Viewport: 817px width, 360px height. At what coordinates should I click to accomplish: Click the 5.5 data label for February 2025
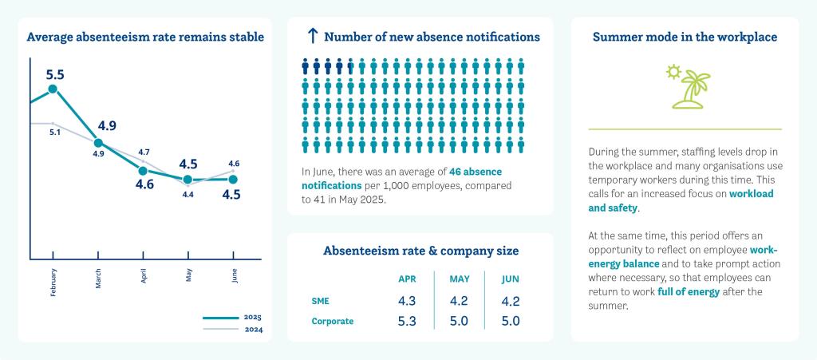pyautogui.click(x=55, y=74)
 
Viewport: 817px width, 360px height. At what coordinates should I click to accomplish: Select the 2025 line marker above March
pyautogui.click(x=98, y=143)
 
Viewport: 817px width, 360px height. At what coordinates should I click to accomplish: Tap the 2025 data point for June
pyautogui.click(x=233, y=180)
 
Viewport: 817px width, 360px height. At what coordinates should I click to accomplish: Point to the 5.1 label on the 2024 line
pyautogui.click(x=55, y=132)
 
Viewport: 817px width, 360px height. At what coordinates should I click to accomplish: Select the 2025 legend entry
pyautogui.click(x=232, y=317)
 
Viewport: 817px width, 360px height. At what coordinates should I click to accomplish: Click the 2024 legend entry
pyautogui.click(x=232, y=330)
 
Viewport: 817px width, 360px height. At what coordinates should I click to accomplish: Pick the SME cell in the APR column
pyautogui.click(x=408, y=302)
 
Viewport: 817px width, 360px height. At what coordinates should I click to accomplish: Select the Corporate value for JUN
pyautogui.click(x=511, y=322)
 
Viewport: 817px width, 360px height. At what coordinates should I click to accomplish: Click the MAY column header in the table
pyautogui.click(x=459, y=279)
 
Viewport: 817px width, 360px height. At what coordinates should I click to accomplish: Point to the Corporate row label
pyautogui.click(x=333, y=322)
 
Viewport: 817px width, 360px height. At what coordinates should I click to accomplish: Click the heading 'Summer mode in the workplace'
pyautogui.click(x=685, y=37)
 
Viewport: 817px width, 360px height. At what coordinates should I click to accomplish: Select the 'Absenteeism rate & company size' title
pyautogui.click(x=420, y=251)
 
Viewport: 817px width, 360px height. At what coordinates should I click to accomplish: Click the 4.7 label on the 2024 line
pyautogui.click(x=144, y=152)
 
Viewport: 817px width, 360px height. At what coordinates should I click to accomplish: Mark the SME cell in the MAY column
pyautogui.click(x=459, y=302)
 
